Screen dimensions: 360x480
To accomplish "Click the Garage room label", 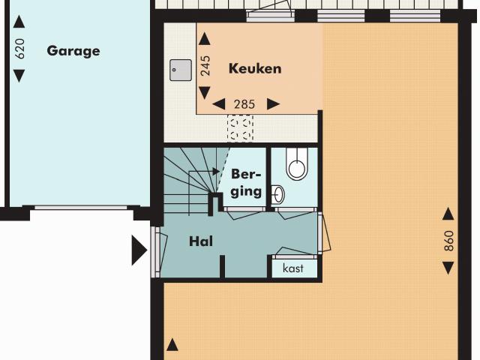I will tap(73, 51).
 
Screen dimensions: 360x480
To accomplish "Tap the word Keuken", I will tap(255, 69).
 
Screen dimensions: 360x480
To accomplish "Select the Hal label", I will tap(201, 241).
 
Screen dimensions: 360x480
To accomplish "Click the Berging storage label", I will tap(247, 182).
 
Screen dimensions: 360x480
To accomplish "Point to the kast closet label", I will tap(293, 268).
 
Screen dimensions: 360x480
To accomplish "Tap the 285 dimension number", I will tap(245, 104).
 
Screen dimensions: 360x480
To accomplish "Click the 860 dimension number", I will tap(448, 241).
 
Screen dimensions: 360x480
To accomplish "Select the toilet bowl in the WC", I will tap(297, 166).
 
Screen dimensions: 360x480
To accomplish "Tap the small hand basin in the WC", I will tap(278, 195).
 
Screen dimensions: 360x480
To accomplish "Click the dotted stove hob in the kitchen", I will tap(241, 127).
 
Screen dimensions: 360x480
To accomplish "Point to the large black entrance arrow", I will tap(139, 250).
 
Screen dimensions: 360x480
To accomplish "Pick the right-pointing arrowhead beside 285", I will tap(273, 104).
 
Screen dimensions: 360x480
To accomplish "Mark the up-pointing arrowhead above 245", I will tap(204, 38).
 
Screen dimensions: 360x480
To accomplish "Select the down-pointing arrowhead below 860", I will tap(448, 268).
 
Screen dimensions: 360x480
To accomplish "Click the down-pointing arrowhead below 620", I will tap(19, 75).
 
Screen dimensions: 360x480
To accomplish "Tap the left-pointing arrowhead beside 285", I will tap(219, 104).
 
